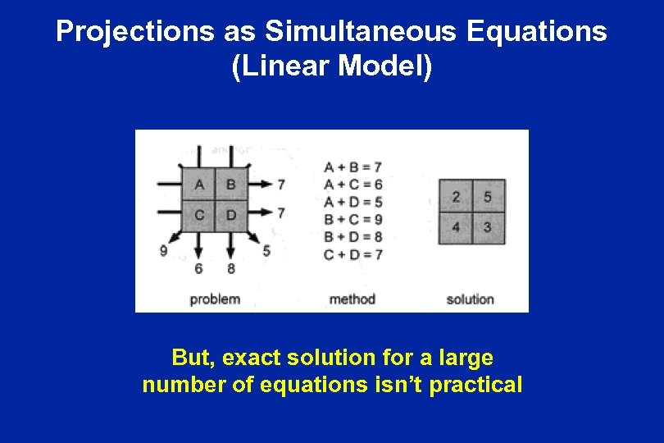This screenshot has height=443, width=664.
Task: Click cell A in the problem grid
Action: click(199, 185)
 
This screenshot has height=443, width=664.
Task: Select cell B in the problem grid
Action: click(230, 185)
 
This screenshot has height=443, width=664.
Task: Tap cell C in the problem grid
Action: click(199, 215)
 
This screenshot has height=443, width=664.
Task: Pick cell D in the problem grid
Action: click(230, 215)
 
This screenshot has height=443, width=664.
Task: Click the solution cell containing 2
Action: click(456, 197)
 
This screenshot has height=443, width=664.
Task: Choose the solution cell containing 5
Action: click(488, 197)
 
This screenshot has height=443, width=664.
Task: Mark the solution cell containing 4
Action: click(456, 227)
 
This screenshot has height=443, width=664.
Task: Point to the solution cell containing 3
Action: click(488, 227)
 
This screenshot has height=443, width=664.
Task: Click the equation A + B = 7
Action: click(353, 167)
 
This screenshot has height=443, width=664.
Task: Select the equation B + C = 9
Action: click(353, 219)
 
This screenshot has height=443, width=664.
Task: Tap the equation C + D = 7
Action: click(353, 254)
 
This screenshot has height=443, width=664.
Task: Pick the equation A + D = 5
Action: click(353, 202)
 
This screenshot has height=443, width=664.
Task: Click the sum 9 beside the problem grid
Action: click(164, 251)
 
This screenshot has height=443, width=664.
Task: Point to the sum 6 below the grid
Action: click(198, 268)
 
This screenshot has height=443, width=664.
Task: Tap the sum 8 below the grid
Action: click(230, 268)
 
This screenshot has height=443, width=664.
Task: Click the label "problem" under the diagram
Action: click(215, 299)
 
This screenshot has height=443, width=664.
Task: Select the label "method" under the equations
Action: click(352, 299)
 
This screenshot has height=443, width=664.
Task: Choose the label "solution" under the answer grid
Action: click(470, 299)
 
